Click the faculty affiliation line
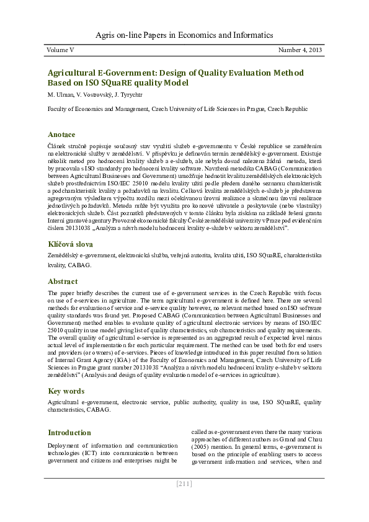[x=177, y=108]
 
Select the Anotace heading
[x=61, y=134]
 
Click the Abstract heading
[x=63, y=281]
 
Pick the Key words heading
[x=66, y=391]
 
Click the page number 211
[x=184, y=484]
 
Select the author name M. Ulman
[x=61, y=94]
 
